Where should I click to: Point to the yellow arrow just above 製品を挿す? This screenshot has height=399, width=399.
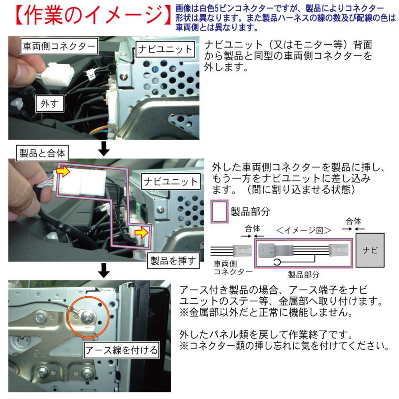click(141, 231)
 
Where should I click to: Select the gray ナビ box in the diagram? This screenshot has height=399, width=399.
click(371, 250)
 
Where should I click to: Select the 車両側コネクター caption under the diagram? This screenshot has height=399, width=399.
click(230, 267)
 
